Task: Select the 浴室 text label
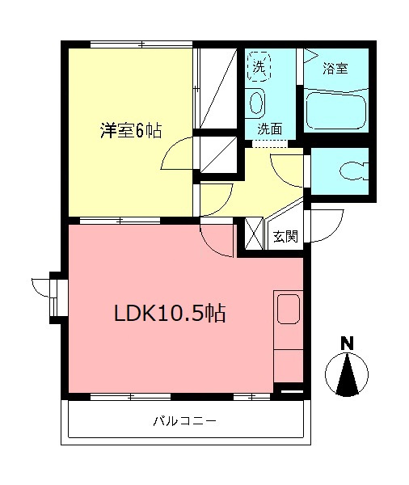(x=335, y=69)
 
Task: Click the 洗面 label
(x=270, y=129)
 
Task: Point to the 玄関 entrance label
(x=285, y=237)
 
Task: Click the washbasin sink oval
(x=256, y=103)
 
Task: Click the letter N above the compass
(x=347, y=342)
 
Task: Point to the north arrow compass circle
(x=347, y=374)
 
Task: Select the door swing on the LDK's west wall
(x=40, y=286)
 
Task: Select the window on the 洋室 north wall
(x=141, y=44)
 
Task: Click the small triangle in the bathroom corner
(x=310, y=56)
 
